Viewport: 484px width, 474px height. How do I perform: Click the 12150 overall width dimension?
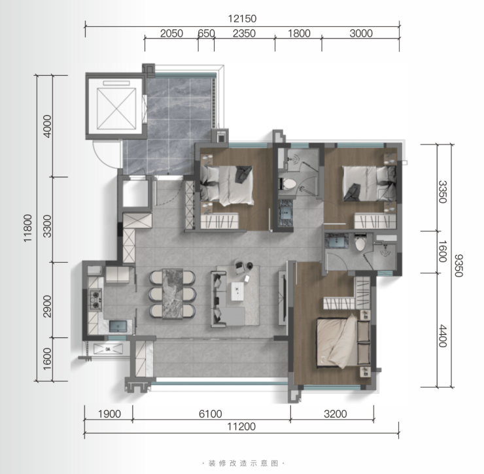(242, 19)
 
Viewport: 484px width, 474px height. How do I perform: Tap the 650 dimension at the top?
(206, 33)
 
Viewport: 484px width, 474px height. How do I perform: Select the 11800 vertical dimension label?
(27, 228)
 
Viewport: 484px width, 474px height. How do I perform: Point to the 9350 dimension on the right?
(458, 265)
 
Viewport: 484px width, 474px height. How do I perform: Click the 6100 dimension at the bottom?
(210, 414)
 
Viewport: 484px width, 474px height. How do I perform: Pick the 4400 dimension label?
(443, 336)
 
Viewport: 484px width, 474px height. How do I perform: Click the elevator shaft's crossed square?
(116, 109)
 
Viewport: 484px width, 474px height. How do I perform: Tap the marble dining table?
(173, 294)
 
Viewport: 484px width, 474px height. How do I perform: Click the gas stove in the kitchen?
(95, 299)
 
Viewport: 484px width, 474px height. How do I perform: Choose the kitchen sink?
(118, 326)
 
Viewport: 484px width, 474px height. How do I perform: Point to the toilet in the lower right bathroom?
(360, 243)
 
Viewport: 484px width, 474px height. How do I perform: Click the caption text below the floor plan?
(243, 463)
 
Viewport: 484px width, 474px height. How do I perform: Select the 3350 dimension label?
(443, 192)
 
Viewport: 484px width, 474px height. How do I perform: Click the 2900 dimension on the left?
(47, 306)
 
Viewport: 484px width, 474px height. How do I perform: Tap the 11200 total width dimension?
(241, 426)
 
